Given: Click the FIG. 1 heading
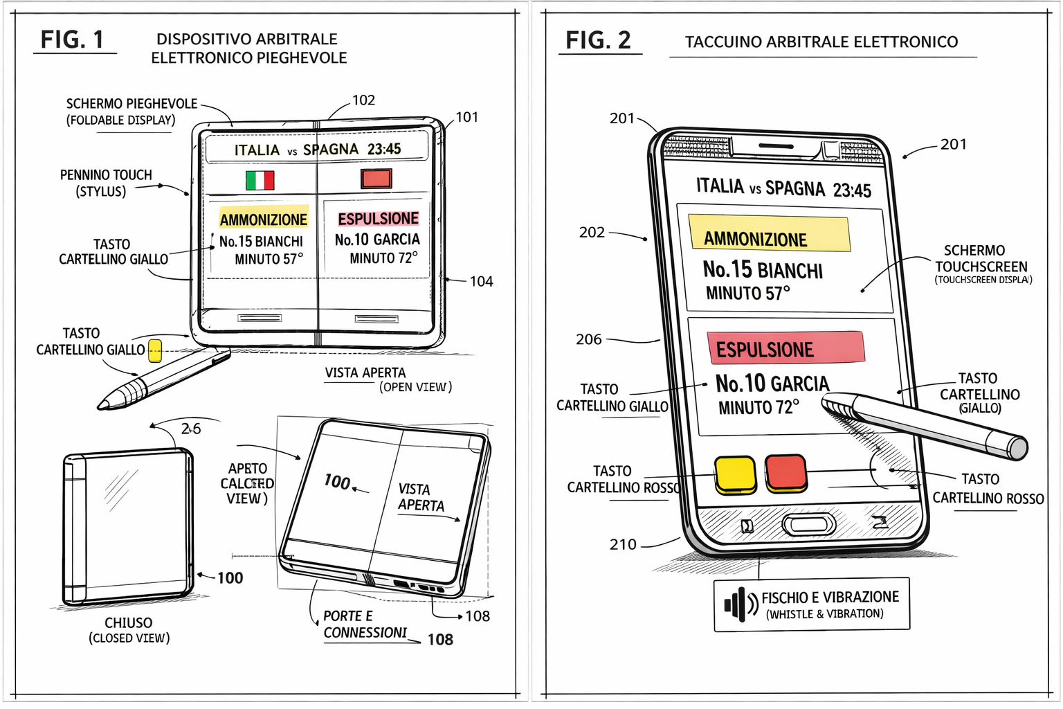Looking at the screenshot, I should (x=72, y=39).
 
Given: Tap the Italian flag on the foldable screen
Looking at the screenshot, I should (x=260, y=180).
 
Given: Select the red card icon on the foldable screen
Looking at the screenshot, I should (x=376, y=179).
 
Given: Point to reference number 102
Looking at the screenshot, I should (x=363, y=100).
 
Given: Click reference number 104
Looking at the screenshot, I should (x=481, y=281).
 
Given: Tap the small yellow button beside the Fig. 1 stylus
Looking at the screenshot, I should (x=155, y=350).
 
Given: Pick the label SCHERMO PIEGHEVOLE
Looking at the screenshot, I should (x=131, y=104).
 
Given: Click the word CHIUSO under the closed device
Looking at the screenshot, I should (x=129, y=622).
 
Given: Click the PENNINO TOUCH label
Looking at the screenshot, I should (x=106, y=175).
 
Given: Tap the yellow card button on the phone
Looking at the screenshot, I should (x=735, y=474).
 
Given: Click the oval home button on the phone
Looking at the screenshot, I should (x=808, y=524).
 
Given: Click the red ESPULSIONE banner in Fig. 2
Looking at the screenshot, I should (x=785, y=348).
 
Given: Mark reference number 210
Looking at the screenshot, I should (x=623, y=544).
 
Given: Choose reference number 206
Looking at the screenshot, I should (x=589, y=339).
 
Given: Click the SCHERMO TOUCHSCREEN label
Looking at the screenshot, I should (x=981, y=258).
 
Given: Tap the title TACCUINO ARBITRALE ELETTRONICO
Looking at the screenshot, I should (x=821, y=42).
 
